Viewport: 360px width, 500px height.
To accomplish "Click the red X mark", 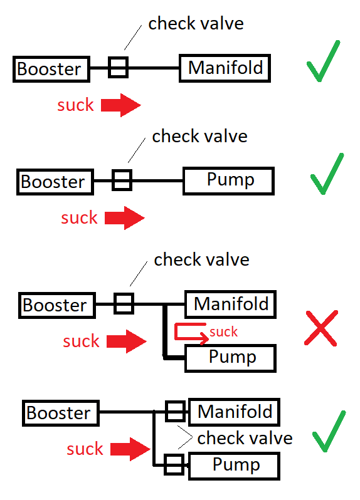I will [x=320, y=327].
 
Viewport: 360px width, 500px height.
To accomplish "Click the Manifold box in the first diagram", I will [x=225, y=68].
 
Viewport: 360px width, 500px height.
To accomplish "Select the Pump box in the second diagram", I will [x=228, y=181].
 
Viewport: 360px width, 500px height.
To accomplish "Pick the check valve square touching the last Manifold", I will [x=174, y=412].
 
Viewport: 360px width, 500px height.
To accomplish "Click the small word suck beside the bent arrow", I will [x=224, y=331].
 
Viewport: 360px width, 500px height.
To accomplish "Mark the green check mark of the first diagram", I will [x=324, y=63].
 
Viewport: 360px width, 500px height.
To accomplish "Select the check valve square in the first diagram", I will [x=118, y=67].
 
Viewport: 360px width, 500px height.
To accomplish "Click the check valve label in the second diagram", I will [x=199, y=136].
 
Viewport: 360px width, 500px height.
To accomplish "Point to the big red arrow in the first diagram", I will [x=123, y=105].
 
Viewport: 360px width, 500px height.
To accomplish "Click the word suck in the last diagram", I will [x=85, y=449].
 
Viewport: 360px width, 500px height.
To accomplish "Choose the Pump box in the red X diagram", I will [x=231, y=358].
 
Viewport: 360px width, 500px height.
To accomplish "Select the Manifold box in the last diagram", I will [x=234, y=412].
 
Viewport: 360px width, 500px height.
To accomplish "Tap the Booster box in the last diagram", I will [x=58, y=413].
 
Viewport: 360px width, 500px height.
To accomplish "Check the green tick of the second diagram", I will [x=327, y=174].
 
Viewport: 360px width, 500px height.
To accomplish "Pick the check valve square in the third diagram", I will [x=124, y=305].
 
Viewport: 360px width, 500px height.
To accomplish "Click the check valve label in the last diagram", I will [x=245, y=437].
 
